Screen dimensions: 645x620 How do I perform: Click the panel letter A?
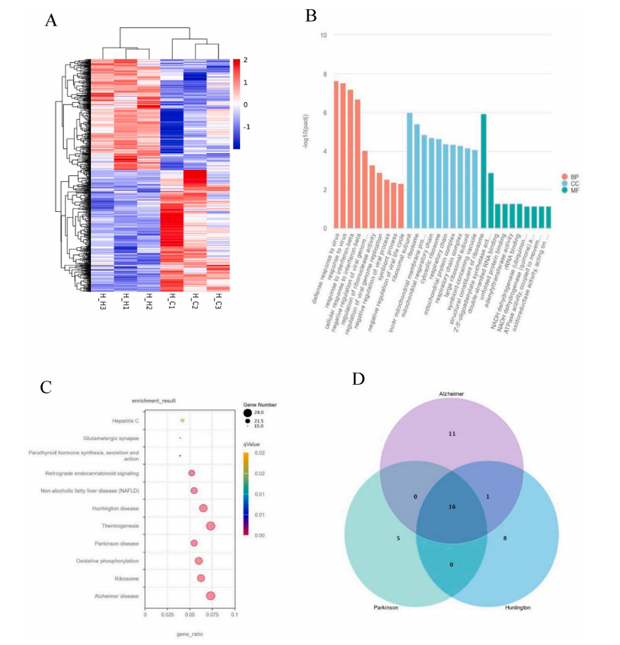(x=51, y=20)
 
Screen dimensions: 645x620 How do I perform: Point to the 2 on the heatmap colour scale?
(x=245, y=60)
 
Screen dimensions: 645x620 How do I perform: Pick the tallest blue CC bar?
(x=409, y=171)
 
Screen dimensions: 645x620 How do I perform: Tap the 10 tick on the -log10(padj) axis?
(x=322, y=35)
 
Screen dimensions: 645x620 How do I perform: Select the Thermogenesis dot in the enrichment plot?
(x=211, y=526)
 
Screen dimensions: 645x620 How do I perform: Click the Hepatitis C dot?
(x=182, y=421)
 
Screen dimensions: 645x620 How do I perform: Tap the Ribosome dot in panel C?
(x=201, y=578)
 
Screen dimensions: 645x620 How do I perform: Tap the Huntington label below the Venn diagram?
(x=517, y=608)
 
